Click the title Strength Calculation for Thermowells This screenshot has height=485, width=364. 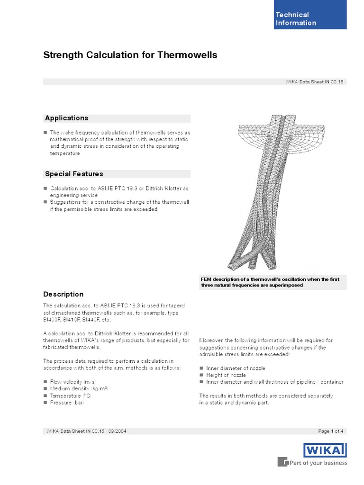130,55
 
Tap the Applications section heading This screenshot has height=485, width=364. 66,118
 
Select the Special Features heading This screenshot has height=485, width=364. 74,174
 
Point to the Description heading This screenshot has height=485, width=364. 64,294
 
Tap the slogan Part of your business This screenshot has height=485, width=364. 318,463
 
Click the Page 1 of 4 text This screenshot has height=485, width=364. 331,431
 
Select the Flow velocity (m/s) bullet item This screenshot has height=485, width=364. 73,381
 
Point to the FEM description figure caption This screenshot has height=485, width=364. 270,282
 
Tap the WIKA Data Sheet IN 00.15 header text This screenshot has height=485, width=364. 313,81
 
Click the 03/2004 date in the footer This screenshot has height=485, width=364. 117,431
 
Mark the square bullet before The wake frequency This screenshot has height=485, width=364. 45,133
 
